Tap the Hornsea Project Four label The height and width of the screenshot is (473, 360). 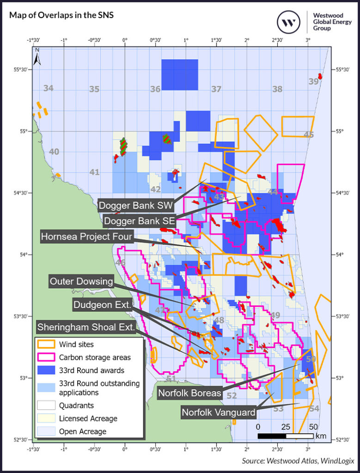pos(87,237)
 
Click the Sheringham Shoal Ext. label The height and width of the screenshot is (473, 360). pos(87,327)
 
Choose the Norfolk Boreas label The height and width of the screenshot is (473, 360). pos(190,394)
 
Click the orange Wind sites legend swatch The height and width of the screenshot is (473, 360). pos(46,344)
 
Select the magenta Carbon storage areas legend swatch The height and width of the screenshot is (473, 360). pos(46,357)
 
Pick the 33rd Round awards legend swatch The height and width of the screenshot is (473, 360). pos(46,370)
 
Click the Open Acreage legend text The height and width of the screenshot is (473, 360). pos(83,431)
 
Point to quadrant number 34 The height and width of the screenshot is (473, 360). pos(49,88)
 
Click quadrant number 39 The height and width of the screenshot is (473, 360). pos(314,81)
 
